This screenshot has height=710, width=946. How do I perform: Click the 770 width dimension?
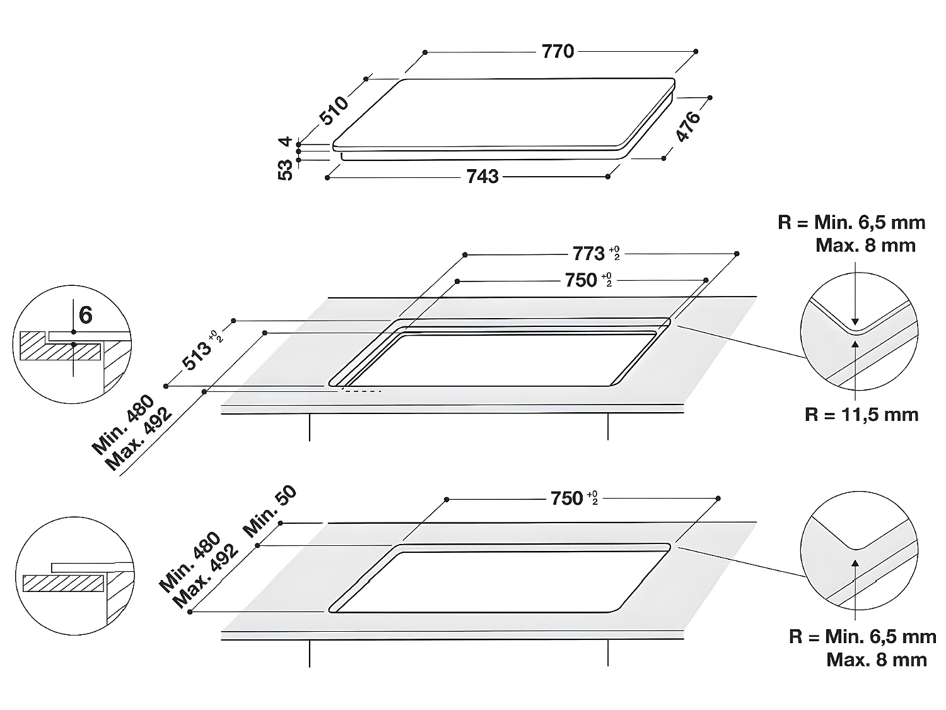[x=558, y=52]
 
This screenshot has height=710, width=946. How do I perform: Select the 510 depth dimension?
[x=333, y=110]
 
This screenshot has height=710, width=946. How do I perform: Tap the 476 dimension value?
[x=688, y=126]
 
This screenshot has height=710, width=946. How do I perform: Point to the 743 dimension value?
[x=482, y=177]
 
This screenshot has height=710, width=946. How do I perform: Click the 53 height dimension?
[x=285, y=170]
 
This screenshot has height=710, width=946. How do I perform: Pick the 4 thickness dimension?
[x=286, y=141]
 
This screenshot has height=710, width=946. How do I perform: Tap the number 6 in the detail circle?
[x=86, y=315]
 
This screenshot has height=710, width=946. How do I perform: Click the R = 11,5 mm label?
[x=861, y=415]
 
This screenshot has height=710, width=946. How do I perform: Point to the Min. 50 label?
[x=270, y=511]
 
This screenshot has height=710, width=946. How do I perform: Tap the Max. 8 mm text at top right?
[x=865, y=246]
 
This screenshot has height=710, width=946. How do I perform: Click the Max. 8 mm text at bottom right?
[x=877, y=660]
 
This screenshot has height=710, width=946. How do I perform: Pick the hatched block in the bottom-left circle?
[x=63, y=583]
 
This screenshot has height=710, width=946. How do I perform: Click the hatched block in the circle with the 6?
[x=60, y=346]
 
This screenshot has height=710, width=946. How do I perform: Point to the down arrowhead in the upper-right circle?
[x=855, y=322]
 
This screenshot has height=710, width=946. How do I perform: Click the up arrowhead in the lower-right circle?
[x=855, y=562]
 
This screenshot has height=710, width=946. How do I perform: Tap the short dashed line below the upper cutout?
[x=361, y=391]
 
